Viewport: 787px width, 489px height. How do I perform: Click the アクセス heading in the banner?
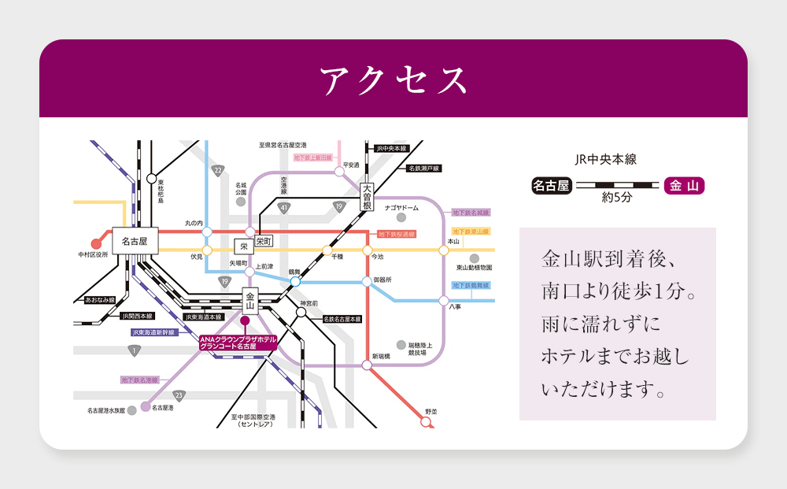click(x=393, y=80)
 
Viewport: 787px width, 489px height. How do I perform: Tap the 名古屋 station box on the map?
click(x=135, y=241)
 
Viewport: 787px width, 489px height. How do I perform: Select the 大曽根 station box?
click(x=366, y=196)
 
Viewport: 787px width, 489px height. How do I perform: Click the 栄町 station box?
click(x=263, y=242)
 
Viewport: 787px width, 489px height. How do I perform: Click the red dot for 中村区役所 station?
click(x=97, y=243)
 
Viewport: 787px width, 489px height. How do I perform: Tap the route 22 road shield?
click(x=217, y=170)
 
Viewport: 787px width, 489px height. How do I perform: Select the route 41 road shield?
click(x=283, y=208)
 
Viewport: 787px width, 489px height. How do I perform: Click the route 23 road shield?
click(x=179, y=395)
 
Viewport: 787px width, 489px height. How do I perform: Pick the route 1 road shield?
click(x=135, y=350)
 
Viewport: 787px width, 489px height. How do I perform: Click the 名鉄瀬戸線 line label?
click(x=423, y=169)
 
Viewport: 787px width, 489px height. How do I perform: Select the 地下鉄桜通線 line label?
click(x=396, y=234)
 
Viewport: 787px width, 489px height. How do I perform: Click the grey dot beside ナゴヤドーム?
click(x=401, y=217)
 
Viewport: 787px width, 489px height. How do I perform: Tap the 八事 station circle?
click(x=444, y=301)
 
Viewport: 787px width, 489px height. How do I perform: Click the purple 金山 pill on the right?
click(x=683, y=186)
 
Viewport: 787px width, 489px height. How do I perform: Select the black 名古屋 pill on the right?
click(x=551, y=186)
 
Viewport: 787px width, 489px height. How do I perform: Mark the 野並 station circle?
click(x=427, y=422)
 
